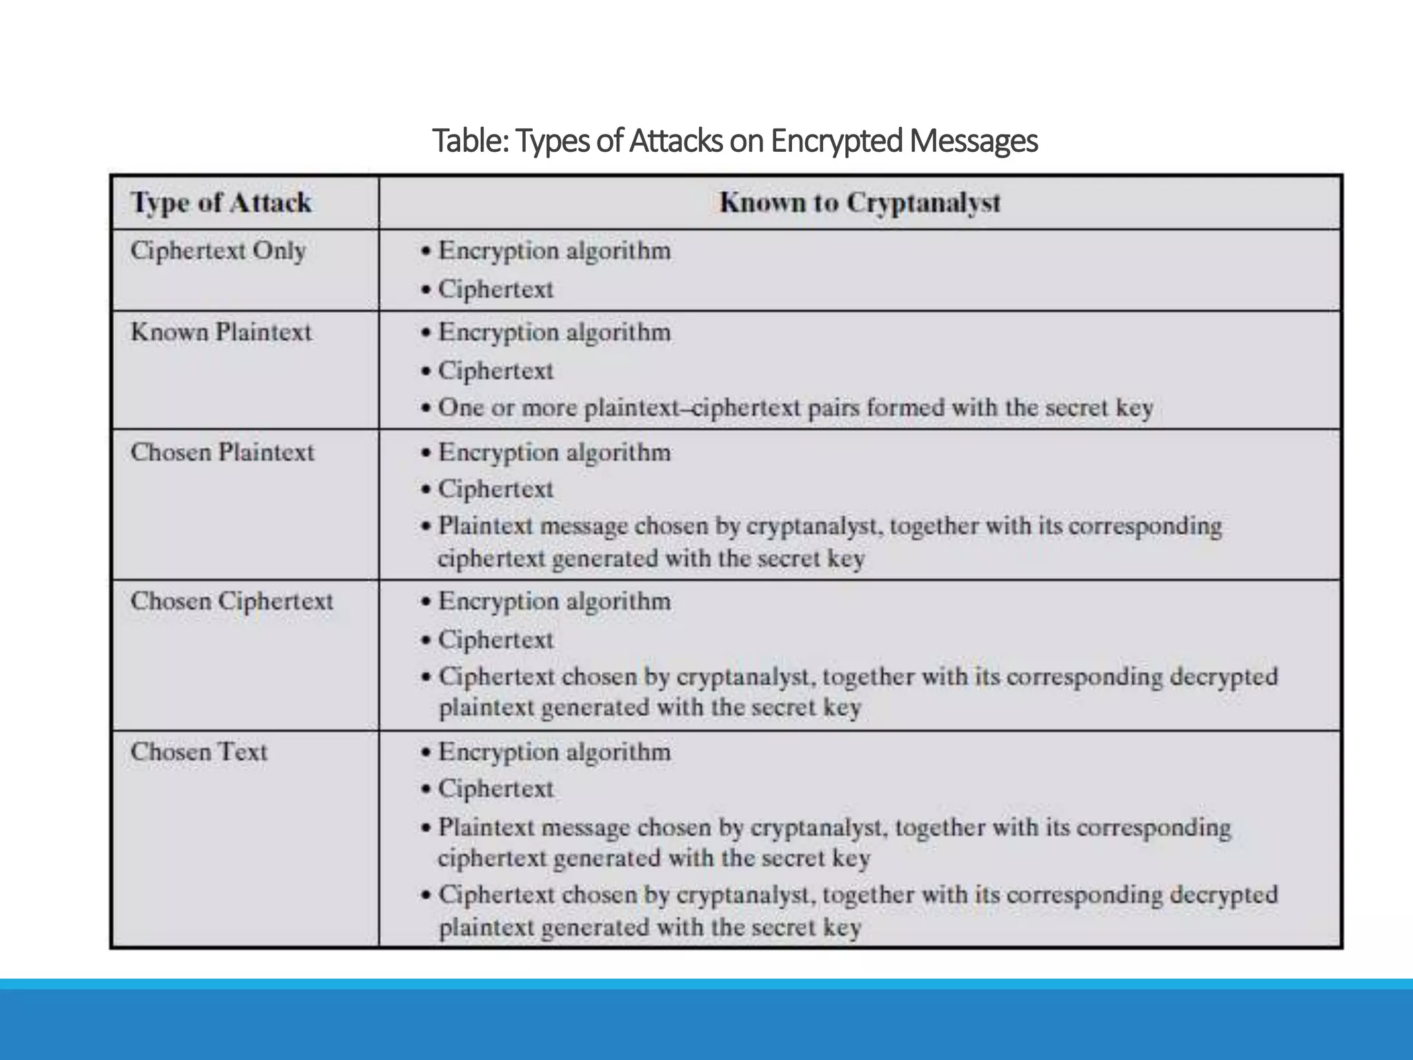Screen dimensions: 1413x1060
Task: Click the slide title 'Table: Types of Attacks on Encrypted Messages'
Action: [734, 141]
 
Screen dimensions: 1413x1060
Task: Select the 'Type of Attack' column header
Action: [221, 203]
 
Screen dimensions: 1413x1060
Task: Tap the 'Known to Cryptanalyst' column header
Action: [860, 203]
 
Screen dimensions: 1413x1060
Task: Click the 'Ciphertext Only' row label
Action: [218, 251]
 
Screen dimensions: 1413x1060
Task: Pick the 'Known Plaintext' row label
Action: [221, 332]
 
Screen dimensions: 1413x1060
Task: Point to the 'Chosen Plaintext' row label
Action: [222, 452]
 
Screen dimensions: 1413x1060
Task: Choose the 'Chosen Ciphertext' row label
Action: [232, 601]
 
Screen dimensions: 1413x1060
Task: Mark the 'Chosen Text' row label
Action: [199, 752]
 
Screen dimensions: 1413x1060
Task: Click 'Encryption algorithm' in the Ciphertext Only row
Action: [554, 251]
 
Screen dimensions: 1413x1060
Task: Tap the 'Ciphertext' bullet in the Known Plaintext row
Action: [495, 371]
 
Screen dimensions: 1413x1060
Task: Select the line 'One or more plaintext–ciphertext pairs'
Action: [796, 407]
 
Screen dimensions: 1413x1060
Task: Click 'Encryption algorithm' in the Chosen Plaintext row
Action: [554, 453]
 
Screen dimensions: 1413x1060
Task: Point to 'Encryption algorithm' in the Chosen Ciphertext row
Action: [554, 601]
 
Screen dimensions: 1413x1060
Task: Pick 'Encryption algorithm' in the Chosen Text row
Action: [554, 752]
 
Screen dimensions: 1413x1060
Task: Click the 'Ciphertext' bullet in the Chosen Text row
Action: [495, 788]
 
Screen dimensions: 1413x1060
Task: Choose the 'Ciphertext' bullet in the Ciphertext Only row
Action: [495, 289]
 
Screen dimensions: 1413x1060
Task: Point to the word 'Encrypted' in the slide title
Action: [836, 141]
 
